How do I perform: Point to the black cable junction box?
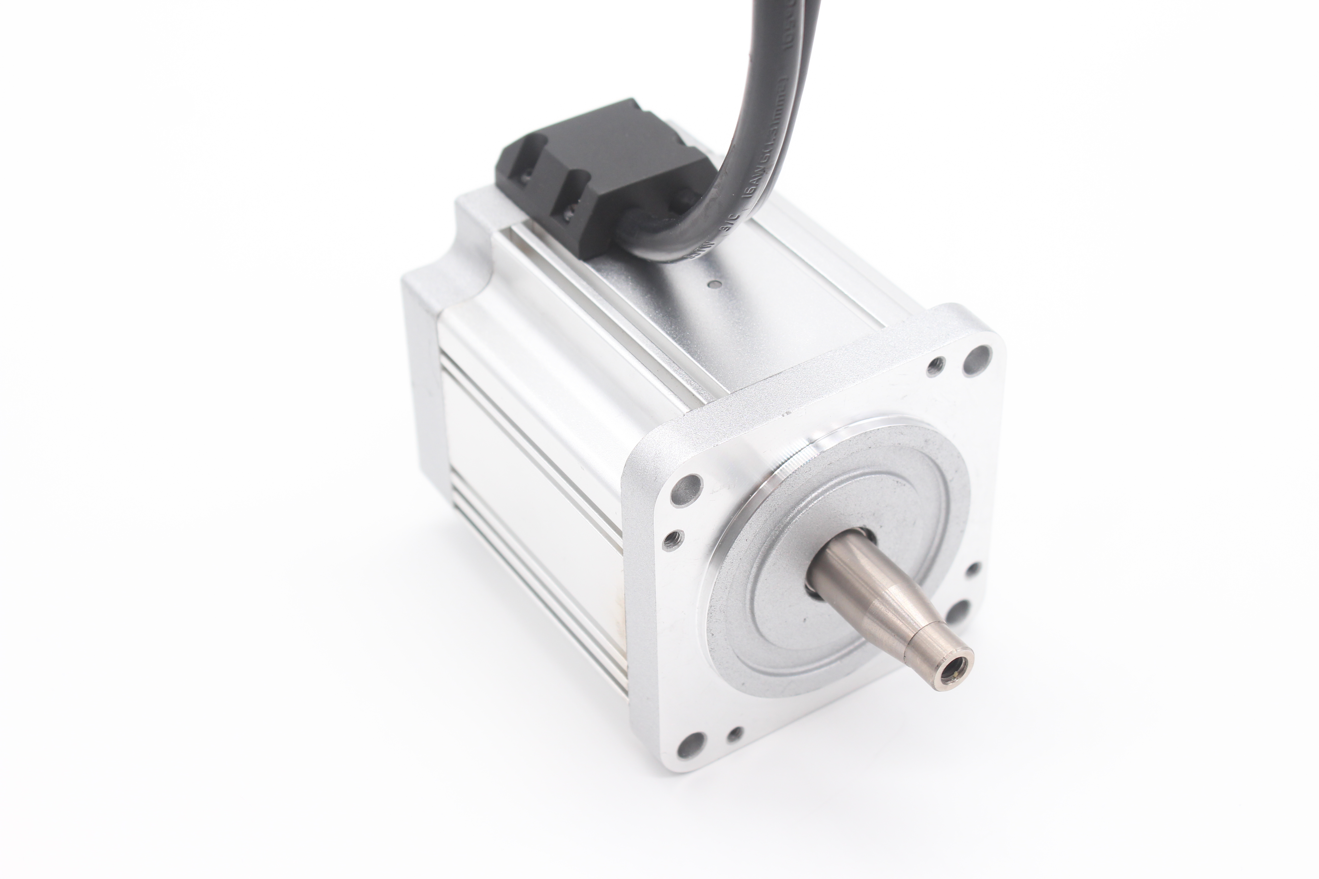[x=606, y=168]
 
